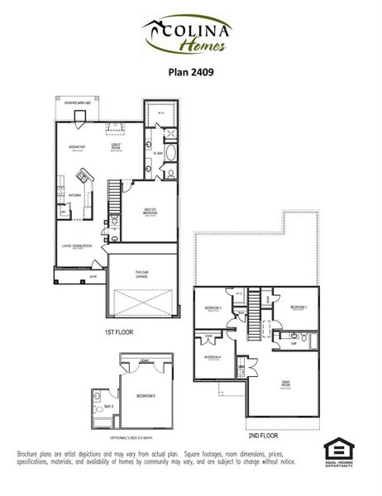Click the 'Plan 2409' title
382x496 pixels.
tap(190, 72)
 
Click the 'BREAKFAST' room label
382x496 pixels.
tap(78, 148)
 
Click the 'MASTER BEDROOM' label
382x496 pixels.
tap(150, 212)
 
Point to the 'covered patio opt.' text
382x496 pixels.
tap(89, 103)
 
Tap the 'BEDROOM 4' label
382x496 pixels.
tap(212, 357)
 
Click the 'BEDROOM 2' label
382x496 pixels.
tap(212, 309)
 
